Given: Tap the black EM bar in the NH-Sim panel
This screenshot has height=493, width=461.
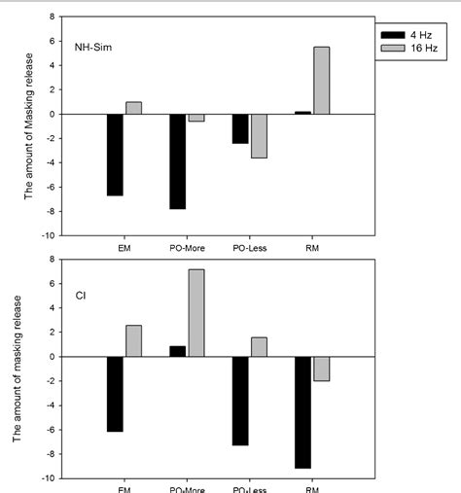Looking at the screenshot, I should tap(116, 155).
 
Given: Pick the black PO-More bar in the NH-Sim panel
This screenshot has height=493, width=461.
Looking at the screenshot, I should tap(178, 161).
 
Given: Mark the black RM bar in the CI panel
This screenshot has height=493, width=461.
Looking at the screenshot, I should tap(303, 412).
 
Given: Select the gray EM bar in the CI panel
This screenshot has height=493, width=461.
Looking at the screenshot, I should tap(133, 340).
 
